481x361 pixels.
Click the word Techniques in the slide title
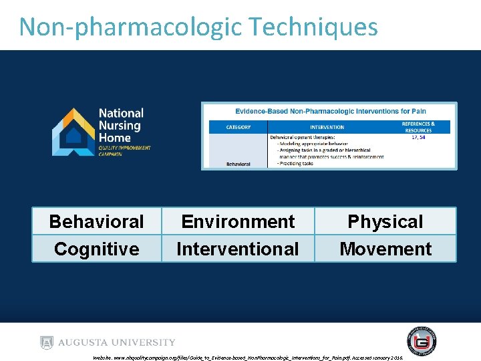(313, 27)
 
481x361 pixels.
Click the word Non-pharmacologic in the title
(130, 27)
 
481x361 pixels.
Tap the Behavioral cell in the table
(96, 221)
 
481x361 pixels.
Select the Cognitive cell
(96, 249)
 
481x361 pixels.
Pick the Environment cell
(238, 221)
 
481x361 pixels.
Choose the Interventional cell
(238, 249)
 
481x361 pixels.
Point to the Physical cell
(385, 221)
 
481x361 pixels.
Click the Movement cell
(385, 249)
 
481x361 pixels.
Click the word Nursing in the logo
(120, 125)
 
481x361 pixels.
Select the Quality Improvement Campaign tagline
(124, 150)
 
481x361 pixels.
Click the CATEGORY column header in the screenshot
(238, 127)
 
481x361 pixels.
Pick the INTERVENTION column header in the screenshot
(327, 127)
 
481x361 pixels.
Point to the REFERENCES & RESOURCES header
(419, 126)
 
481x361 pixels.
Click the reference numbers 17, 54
(419, 136)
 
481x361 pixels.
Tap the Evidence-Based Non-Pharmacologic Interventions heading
(330, 111)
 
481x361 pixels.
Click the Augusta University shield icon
(46, 342)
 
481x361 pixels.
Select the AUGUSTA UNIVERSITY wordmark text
(117, 342)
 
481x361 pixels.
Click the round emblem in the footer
(421, 340)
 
